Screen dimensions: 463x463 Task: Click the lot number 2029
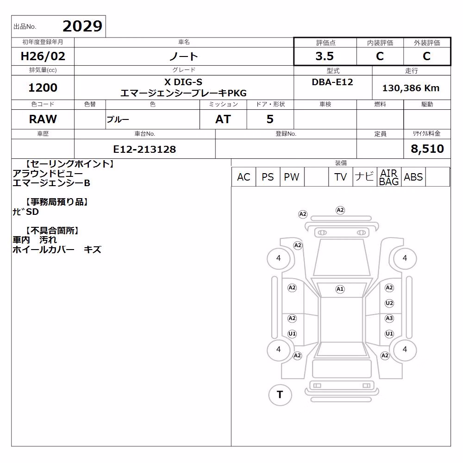(x=82, y=26)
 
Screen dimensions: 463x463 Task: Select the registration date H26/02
(x=43, y=56)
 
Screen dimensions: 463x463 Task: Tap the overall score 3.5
(x=325, y=56)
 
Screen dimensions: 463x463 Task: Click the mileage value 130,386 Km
(x=411, y=88)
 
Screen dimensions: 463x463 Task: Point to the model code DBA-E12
(x=332, y=82)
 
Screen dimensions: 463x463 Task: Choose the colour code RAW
(x=43, y=119)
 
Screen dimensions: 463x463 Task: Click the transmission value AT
(x=223, y=119)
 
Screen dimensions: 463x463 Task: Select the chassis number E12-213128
(x=144, y=149)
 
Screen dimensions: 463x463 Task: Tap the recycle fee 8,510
(x=427, y=149)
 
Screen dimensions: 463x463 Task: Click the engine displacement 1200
(x=43, y=88)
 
